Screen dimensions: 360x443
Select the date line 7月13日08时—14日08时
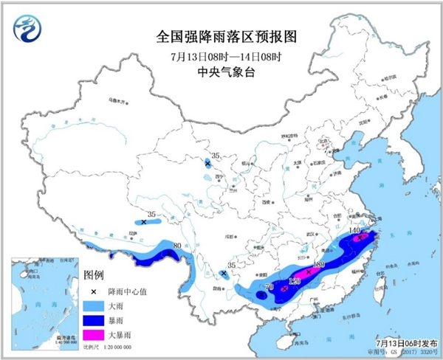[220, 57]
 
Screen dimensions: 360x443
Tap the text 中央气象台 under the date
[220, 72]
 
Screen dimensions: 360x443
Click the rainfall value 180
[319, 264]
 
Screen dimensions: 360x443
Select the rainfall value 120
[295, 280]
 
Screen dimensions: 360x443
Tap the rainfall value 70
[269, 285]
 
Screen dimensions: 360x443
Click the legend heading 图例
[95, 276]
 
